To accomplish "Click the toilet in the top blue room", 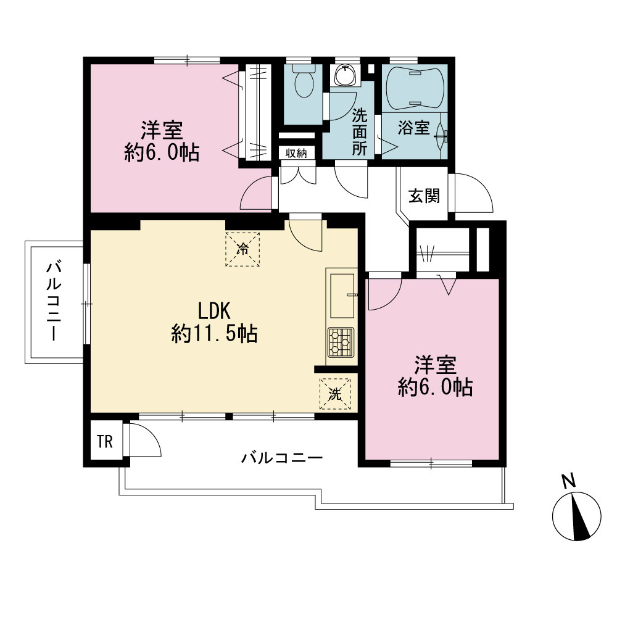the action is (x=304, y=80).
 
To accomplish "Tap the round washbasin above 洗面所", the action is (x=346, y=75).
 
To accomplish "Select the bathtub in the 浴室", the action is (x=415, y=89).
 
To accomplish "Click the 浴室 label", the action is (x=413, y=128).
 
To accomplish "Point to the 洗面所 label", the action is (x=359, y=132).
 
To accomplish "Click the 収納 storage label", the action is (x=296, y=153).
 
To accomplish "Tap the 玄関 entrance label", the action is (x=424, y=196).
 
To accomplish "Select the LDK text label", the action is (x=213, y=311).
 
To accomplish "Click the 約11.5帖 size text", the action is (x=215, y=334).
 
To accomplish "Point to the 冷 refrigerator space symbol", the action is (x=242, y=249).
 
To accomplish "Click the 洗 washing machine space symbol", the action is (x=335, y=394).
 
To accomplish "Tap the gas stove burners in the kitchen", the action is (x=341, y=342).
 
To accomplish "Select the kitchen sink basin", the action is (x=342, y=296).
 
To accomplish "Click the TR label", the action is (x=105, y=442).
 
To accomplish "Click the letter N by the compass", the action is (x=568, y=481).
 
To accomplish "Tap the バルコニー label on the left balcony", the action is (x=54, y=301).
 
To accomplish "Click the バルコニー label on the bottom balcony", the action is (x=282, y=458).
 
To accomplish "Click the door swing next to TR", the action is (x=145, y=439).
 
